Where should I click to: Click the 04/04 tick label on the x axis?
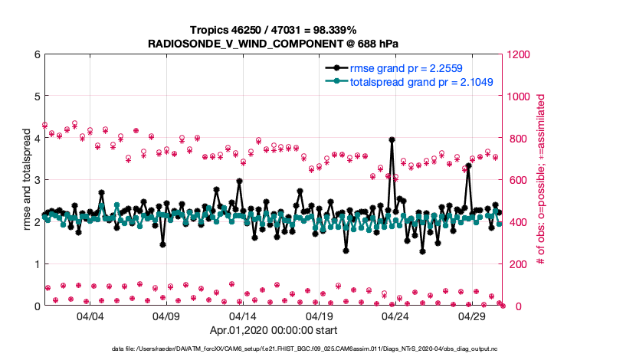[x=90, y=316]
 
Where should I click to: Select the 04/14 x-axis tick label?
[x=243, y=316]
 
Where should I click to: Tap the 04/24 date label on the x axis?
[x=395, y=316]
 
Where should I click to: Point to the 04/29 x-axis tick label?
[x=471, y=316]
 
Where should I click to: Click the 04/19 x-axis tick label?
[x=319, y=316]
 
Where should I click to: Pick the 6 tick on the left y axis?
[x=37, y=54]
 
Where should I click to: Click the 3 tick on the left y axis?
[x=37, y=180]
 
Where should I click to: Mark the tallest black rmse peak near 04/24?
[x=392, y=139]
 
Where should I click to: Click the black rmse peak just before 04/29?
[x=467, y=165]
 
